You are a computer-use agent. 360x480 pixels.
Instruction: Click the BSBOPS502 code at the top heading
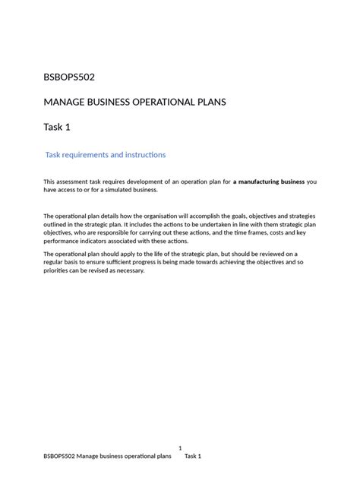click(69, 77)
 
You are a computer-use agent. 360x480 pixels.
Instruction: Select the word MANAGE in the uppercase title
click(66, 102)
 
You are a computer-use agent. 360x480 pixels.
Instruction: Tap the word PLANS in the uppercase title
click(204, 102)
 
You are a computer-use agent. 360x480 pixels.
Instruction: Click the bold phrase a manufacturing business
click(268, 182)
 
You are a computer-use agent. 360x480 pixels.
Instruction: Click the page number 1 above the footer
click(180, 448)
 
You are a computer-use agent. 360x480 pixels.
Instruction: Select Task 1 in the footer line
click(193, 456)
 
